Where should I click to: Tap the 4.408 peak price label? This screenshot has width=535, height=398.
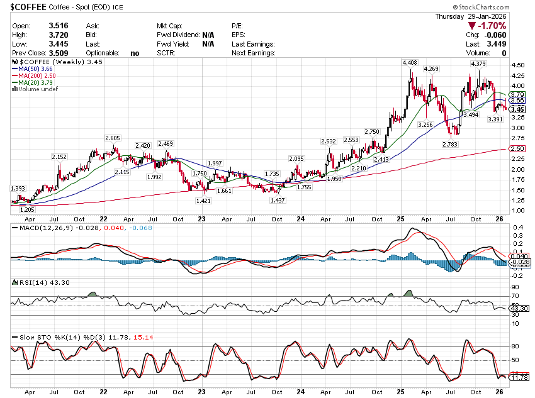click(x=409, y=63)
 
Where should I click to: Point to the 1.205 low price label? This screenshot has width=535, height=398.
click(x=26, y=209)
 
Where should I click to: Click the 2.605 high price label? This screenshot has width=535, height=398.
click(x=113, y=138)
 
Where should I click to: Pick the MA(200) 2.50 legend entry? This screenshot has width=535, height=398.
click(x=38, y=75)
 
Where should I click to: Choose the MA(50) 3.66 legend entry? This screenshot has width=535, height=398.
click(x=35, y=69)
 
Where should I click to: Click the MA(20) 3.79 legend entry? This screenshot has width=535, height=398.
click(x=35, y=82)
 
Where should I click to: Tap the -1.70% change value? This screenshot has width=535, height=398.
click(x=492, y=26)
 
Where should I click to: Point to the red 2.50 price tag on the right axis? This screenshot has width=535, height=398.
click(x=517, y=148)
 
